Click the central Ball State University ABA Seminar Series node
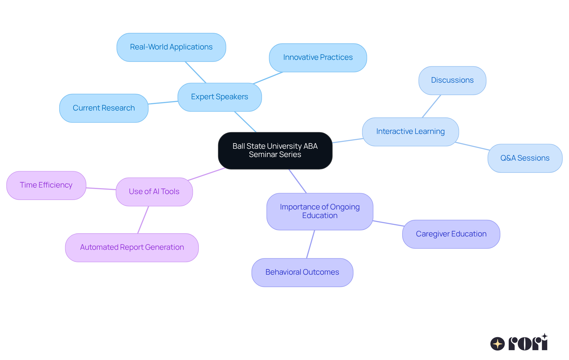(x=275, y=151)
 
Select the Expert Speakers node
(x=220, y=97)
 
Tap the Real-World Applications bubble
(x=171, y=47)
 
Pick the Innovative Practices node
(x=318, y=57)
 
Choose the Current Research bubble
(x=104, y=108)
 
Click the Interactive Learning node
(x=410, y=132)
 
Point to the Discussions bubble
(x=452, y=80)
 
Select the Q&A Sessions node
(x=525, y=158)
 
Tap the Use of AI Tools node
(x=154, y=192)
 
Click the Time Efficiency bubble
(x=46, y=185)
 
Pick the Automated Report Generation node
(x=132, y=247)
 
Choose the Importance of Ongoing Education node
(x=320, y=211)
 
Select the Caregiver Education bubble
(x=451, y=234)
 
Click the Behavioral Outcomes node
(x=302, y=272)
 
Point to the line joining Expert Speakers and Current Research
(x=163, y=103)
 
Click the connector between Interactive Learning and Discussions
(x=431, y=106)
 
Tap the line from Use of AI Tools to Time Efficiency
(x=101, y=188)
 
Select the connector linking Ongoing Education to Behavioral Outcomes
(x=311, y=244)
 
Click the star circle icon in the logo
(x=498, y=344)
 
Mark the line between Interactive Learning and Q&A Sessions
(x=472, y=146)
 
